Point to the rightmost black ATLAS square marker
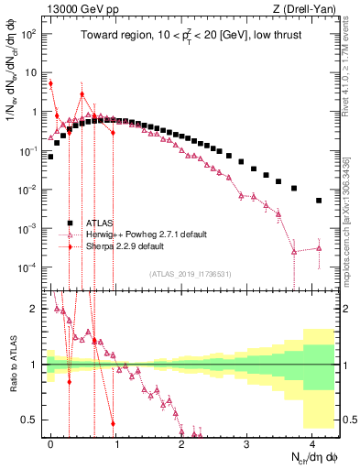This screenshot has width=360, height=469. pyautogui.click(x=319, y=201)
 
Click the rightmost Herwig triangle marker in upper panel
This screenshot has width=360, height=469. pyautogui.click(x=319, y=248)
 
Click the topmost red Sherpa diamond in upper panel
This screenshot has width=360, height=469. pyautogui.click(x=50, y=83)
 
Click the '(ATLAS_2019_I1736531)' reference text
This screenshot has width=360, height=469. pyautogui.click(x=191, y=274)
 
